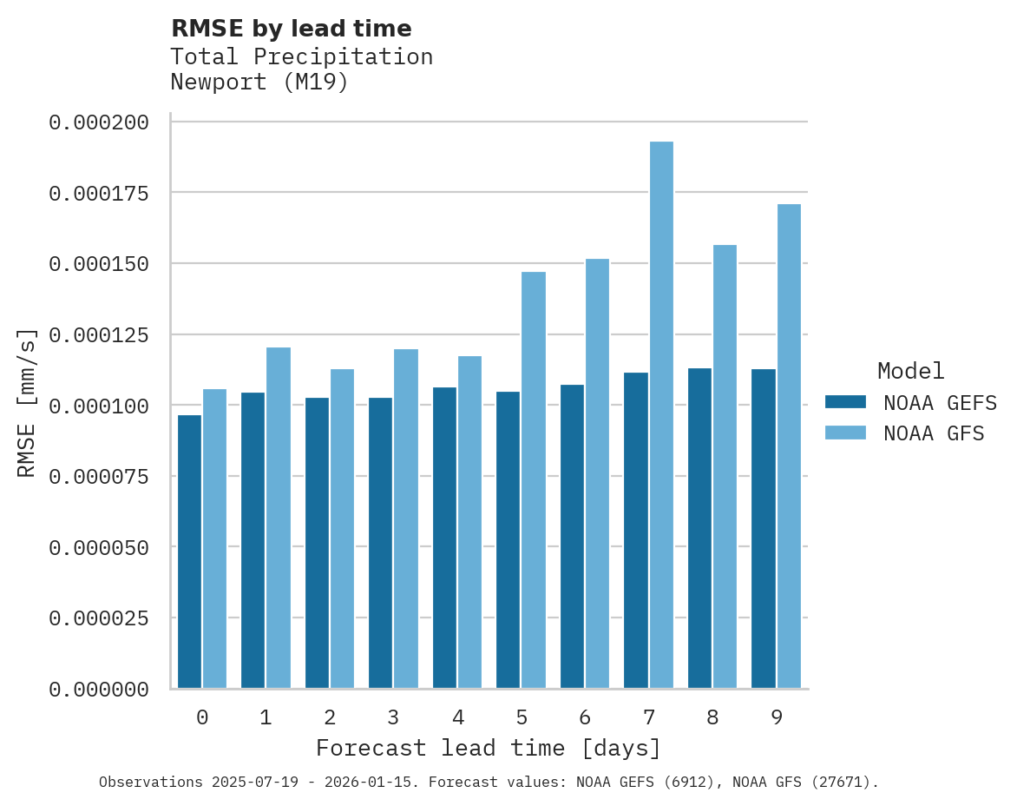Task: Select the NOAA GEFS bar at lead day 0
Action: [189, 552]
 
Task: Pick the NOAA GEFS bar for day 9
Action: [764, 529]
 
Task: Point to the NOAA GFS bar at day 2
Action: [342, 529]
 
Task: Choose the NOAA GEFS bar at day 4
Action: [444, 538]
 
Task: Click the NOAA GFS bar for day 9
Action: [789, 446]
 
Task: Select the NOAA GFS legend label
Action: [934, 433]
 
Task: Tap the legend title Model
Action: [910, 371]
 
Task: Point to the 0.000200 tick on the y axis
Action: [98, 122]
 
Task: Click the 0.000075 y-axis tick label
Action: [98, 477]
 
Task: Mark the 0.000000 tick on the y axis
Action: [98, 690]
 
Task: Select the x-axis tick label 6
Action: [585, 717]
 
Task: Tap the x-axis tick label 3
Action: [393, 717]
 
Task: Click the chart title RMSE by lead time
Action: [291, 29]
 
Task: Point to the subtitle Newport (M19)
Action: [259, 83]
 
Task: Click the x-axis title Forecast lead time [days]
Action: [489, 748]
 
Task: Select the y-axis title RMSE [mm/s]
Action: [27, 403]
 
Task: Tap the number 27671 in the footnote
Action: [839, 783]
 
